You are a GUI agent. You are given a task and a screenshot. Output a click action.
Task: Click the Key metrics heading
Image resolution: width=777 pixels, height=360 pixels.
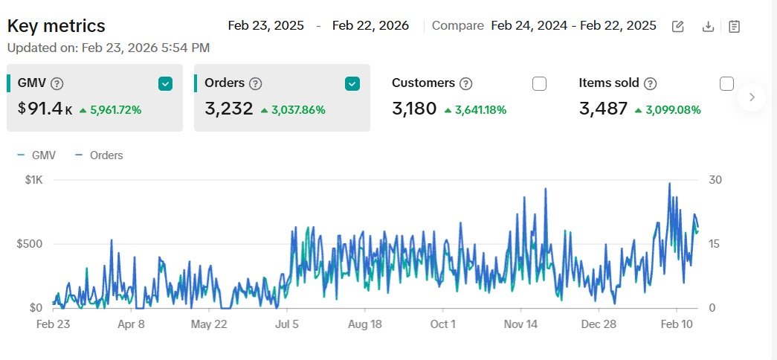coord(57,26)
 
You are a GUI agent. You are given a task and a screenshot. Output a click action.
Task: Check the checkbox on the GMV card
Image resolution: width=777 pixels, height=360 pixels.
coord(165,84)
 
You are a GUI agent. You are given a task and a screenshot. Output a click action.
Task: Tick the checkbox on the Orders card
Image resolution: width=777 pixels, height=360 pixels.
coord(352,84)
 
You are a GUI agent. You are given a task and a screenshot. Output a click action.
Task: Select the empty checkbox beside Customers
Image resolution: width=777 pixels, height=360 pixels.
coord(539,84)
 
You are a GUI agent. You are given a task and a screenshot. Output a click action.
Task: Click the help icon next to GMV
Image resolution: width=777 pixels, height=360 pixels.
coord(57,84)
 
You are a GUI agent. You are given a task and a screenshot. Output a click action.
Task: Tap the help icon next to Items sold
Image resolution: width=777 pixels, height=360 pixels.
coord(650,84)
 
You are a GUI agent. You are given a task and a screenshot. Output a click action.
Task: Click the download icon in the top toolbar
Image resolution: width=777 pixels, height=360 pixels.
coord(708,27)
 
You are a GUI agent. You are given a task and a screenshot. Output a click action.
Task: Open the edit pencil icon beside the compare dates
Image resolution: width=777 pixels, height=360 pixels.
coord(678,27)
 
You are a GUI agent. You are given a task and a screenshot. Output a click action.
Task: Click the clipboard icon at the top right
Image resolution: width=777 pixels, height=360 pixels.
coord(734,27)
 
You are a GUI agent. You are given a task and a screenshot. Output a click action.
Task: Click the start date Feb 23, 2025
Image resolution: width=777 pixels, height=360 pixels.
coord(266,25)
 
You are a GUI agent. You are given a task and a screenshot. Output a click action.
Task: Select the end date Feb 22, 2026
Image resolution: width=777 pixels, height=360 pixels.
coord(370,25)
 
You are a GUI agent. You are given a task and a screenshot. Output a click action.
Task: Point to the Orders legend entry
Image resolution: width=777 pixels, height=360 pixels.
coord(99,155)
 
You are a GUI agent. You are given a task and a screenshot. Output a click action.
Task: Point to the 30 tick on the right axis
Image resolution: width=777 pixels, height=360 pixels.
coord(716,180)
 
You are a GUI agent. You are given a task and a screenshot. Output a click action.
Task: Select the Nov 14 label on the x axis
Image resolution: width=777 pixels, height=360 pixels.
coord(520,324)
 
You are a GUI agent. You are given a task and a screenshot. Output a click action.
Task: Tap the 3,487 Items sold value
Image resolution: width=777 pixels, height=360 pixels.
coord(603,109)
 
